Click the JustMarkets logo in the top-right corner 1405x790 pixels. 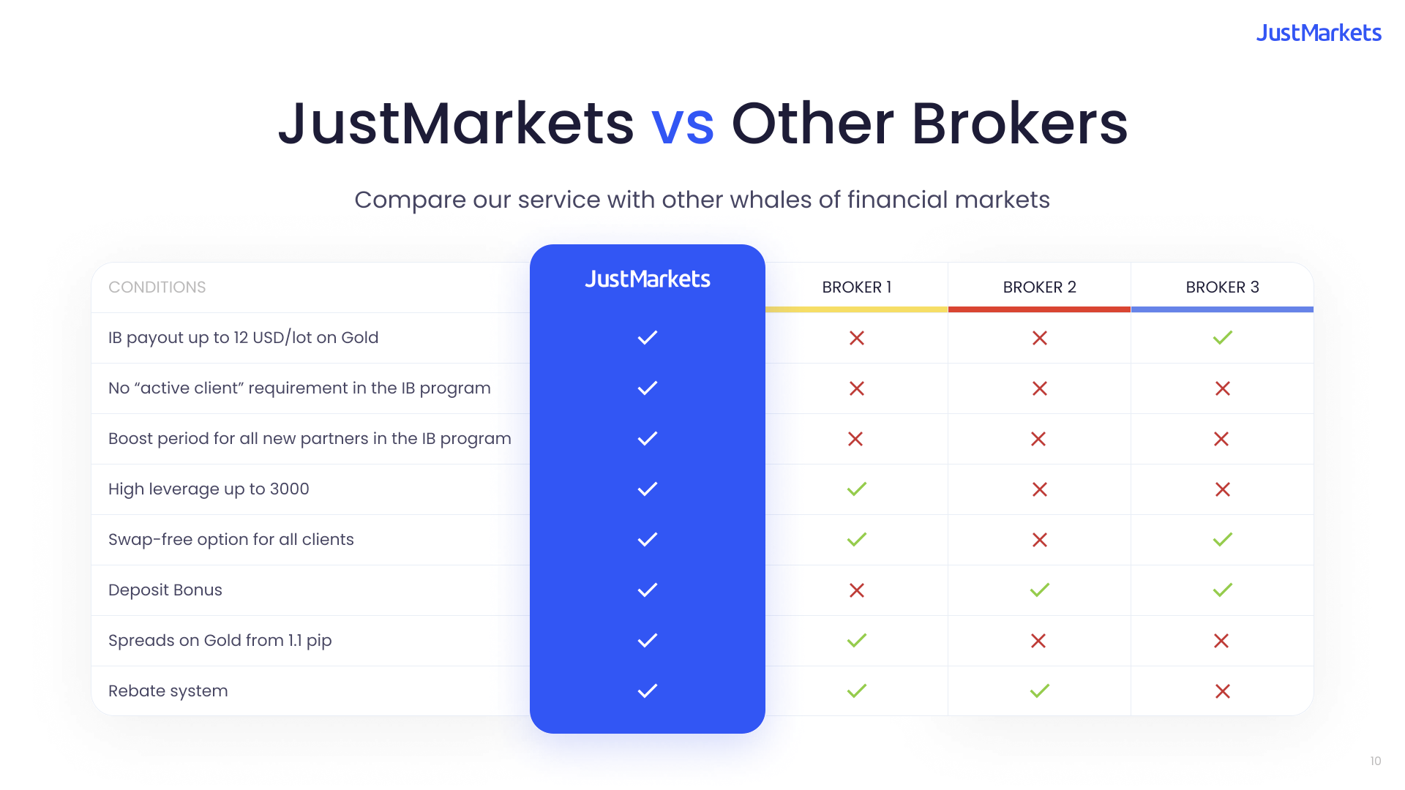(1319, 33)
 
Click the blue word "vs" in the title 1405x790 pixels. (682, 124)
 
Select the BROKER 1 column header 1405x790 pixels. (856, 287)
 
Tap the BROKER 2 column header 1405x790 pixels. (1039, 287)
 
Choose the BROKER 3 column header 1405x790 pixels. (1222, 287)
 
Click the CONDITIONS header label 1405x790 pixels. (157, 287)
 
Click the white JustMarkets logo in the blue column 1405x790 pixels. (648, 279)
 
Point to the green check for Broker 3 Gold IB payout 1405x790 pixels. (1222, 337)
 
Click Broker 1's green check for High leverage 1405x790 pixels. (856, 489)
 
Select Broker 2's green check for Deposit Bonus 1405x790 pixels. (1039, 590)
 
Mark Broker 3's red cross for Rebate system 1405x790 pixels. (1222, 691)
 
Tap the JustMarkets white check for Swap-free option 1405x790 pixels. (648, 539)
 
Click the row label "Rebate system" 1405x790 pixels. (168, 691)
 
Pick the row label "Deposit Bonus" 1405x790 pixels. (165, 590)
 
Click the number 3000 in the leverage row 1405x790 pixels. (289, 489)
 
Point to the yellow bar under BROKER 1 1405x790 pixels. (856, 309)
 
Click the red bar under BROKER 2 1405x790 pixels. (1039, 309)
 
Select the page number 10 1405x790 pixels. (1375, 761)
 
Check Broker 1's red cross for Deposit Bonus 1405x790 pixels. (856, 590)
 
